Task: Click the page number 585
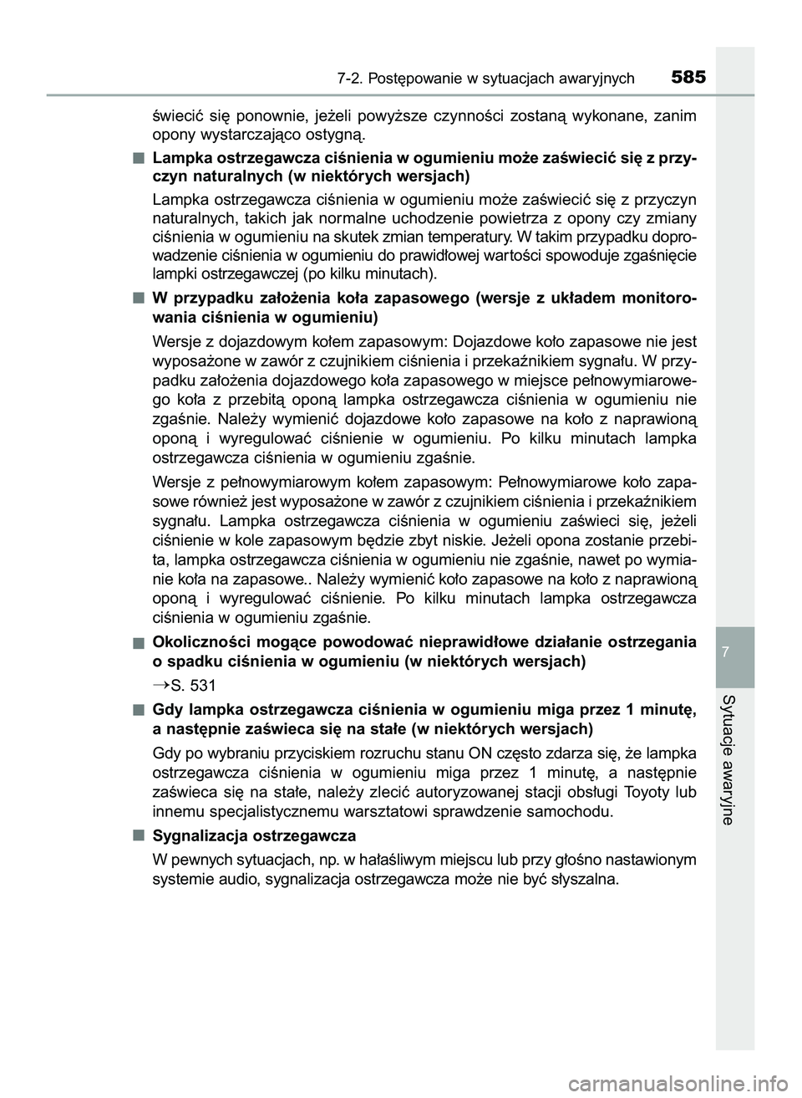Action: pyautogui.click(x=687, y=78)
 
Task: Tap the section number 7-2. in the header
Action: pyautogui.click(x=354, y=79)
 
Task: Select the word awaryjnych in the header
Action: pyautogui.click(x=594, y=79)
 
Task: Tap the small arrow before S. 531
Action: pyautogui.click(x=160, y=686)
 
